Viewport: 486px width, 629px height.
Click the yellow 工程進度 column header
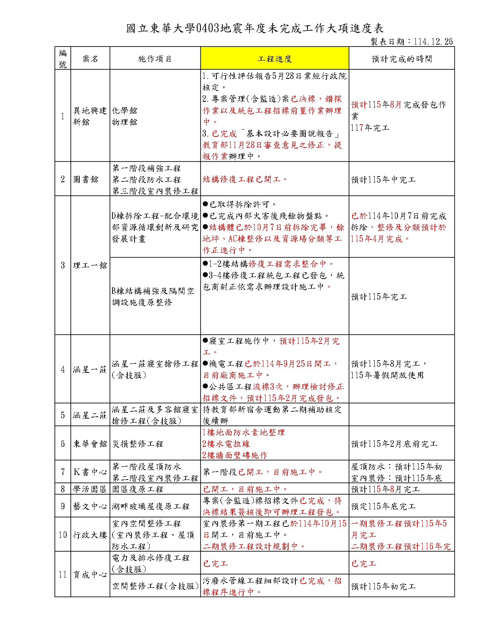coord(274,59)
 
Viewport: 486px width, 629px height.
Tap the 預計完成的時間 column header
coord(401,59)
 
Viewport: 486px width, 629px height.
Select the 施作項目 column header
coord(155,59)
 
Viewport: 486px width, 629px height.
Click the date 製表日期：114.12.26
coord(412,42)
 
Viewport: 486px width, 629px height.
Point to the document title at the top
coord(255,28)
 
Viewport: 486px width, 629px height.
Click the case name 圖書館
coord(86,179)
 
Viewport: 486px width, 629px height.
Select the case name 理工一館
coord(90,265)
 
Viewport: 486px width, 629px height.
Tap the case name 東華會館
coord(90,444)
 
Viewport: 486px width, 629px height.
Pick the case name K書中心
coord(90,472)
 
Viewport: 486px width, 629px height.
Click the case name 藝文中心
coord(90,506)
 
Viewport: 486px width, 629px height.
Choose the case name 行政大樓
coord(90,535)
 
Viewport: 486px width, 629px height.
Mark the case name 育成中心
coord(90,574)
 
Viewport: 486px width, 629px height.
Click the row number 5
coord(63,415)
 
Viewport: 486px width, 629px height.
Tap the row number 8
coord(63,489)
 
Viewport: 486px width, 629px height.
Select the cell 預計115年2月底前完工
coord(394,444)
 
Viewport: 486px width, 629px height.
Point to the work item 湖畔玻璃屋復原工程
coord(151,506)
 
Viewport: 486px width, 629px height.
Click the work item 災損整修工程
coord(138,444)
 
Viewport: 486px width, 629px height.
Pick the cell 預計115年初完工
coord(383,586)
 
